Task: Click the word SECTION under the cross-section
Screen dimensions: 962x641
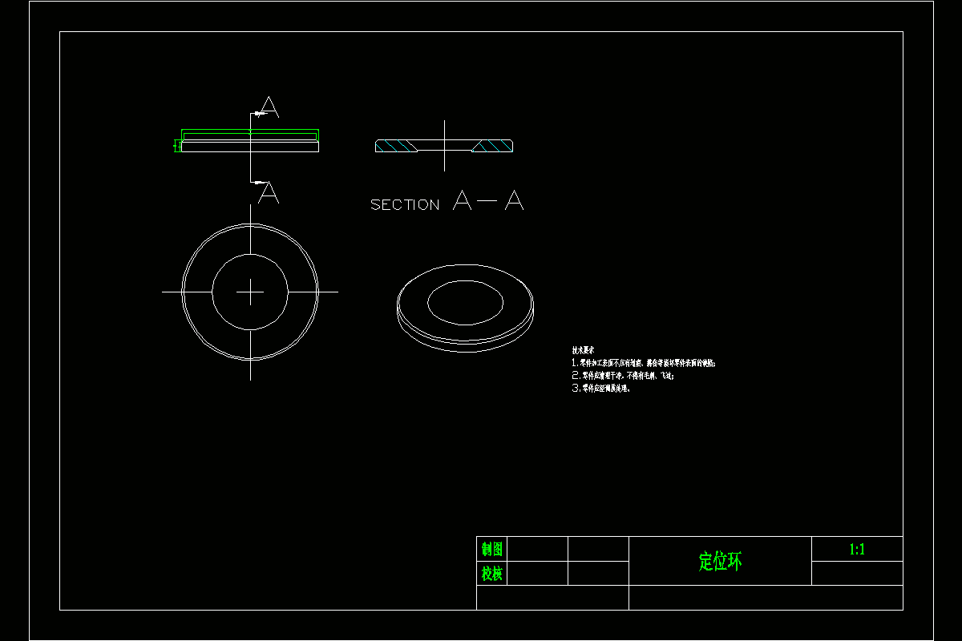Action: click(x=405, y=205)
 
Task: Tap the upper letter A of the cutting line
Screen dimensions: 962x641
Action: click(x=269, y=107)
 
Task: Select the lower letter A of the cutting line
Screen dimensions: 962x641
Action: click(x=269, y=193)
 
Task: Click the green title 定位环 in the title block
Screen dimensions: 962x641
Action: click(x=721, y=562)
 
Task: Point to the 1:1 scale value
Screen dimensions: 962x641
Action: click(x=857, y=550)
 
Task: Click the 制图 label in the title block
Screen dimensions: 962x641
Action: click(x=492, y=550)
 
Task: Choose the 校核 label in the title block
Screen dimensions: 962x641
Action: click(x=492, y=574)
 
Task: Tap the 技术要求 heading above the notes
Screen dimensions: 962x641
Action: click(x=583, y=350)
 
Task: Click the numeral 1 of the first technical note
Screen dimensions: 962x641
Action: click(x=574, y=363)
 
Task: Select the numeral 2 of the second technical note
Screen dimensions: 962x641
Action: click(x=575, y=376)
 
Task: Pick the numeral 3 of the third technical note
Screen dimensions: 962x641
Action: click(x=575, y=389)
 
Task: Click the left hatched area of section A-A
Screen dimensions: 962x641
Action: click(x=396, y=146)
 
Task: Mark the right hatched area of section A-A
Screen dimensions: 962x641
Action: click(x=493, y=146)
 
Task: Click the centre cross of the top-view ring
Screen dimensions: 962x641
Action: click(x=250, y=292)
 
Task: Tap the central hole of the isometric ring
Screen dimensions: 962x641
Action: click(x=465, y=303)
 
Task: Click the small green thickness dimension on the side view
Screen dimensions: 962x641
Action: click(x=176, y=145)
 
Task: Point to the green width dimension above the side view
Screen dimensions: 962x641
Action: click(x=250, y=131)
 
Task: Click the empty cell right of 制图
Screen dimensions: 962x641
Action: click(x=538, y=550)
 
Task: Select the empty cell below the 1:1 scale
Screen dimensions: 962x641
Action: click(x=857, y=574)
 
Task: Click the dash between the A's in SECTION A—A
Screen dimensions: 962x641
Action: click(x=487, y=201)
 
